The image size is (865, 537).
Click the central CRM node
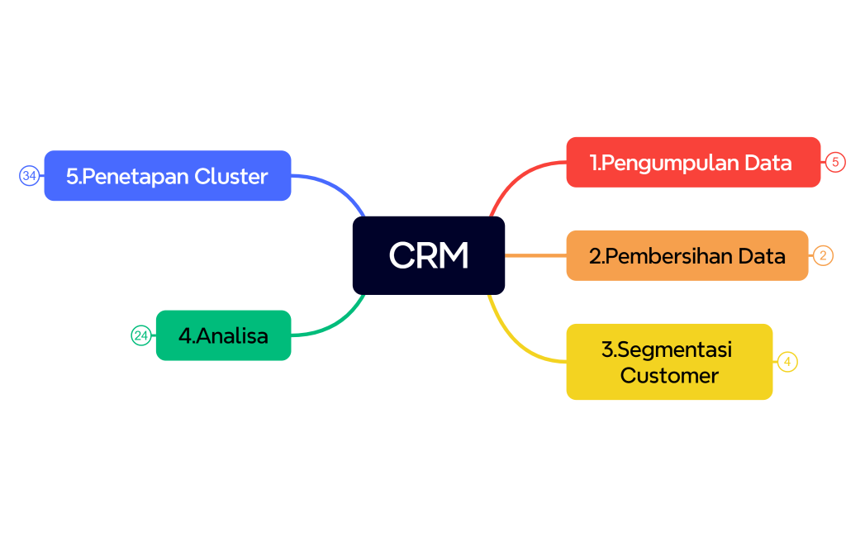(428, 255)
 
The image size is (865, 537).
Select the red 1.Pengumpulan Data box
(692, 163)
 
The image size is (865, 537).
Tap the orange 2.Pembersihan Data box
(687, 256)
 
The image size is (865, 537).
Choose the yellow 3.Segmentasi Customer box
(668, 362)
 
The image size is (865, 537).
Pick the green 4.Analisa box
(223, 335)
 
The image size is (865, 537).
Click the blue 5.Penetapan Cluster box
(167, 176)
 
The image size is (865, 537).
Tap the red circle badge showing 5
(835, 162)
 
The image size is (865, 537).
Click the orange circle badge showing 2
(823, 255)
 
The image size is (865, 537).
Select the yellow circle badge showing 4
(787, 362)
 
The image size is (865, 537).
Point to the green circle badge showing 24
(141, 335)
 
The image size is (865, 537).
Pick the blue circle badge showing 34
(30, 175)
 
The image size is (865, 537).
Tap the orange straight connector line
(535, 255)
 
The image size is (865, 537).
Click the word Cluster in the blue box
(231, 176)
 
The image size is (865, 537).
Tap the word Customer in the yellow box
(668, 376)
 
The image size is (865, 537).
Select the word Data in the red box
(767, 163)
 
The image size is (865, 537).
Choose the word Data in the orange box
(761, 256)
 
